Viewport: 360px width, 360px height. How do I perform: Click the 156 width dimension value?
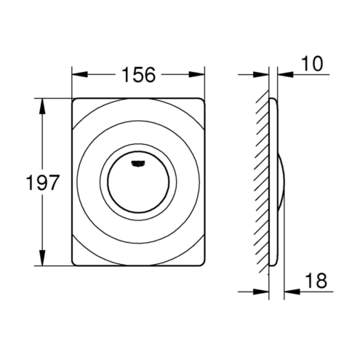(138, 75)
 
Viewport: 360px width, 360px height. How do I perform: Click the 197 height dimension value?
(42, 182)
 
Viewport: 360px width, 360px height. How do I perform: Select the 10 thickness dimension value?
(312, 64)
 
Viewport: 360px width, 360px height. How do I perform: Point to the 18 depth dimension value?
(316, 281)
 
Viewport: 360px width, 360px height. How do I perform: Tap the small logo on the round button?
(138, 164)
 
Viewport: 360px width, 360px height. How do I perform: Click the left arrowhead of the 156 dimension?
(79, 74)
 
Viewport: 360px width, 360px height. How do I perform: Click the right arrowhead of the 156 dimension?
(197, 74)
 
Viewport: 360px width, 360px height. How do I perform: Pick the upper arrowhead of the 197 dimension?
(42, 106)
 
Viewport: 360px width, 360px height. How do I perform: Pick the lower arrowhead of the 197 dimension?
(42, 258)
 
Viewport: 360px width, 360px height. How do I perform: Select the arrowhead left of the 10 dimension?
(261, 74)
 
